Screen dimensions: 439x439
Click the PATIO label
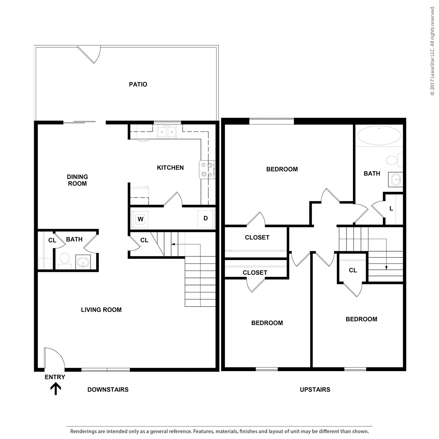pos(138,84)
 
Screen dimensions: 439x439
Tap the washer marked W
pos(140,219)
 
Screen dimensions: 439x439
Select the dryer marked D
pos(205,218)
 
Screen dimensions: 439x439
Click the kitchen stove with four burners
pos(207,170)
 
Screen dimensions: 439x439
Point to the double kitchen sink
pos(167,131)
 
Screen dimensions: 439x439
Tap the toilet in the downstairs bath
pos(64,259)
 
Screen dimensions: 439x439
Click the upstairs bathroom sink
pos(395,179)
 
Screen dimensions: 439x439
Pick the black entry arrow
pos(55,389)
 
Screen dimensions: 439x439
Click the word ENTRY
pos(55,377)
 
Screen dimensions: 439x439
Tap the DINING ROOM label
pos(77,180)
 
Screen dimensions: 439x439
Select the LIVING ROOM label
pos(101,310)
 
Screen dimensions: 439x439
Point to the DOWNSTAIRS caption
pos(108,389)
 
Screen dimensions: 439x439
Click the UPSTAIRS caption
pos(315,389)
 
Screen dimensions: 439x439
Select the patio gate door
pos(90,54)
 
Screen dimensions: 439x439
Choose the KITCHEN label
pos(170,167)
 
